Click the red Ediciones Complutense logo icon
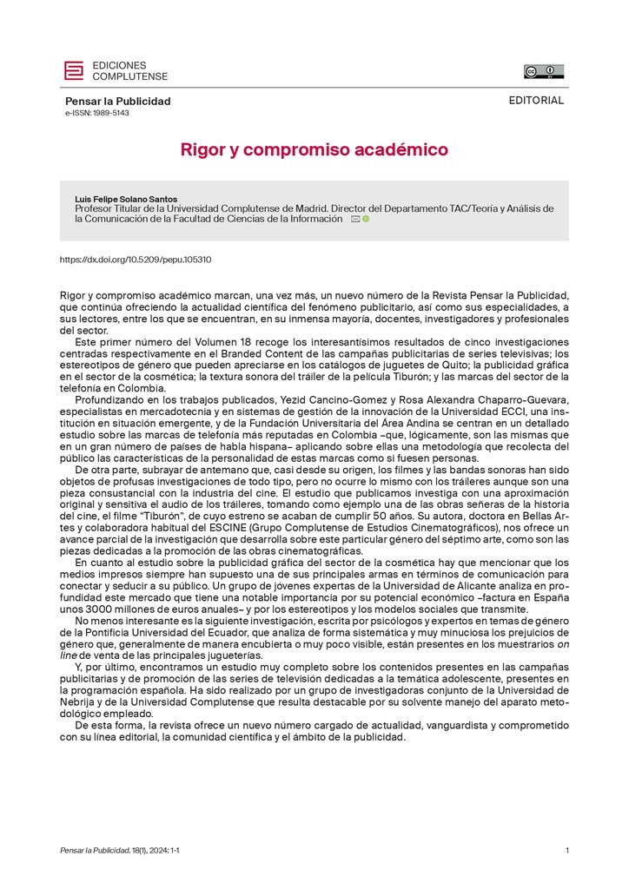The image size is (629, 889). click(x=75, y=70)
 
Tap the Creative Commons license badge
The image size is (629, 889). click(x=543, y=71)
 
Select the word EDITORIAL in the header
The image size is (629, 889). click(x=536, y=100)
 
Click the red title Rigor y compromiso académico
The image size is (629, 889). click(x=314, y=150)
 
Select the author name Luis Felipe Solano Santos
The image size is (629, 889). click(x=126, y=199)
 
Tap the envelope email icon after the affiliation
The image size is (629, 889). click(x=355, y=220)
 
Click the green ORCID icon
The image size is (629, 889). click(x=366, y=220)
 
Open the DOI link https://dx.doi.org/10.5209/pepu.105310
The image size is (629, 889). click(x=135, y=260)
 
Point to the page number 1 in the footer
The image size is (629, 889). click(x=567, y=851)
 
